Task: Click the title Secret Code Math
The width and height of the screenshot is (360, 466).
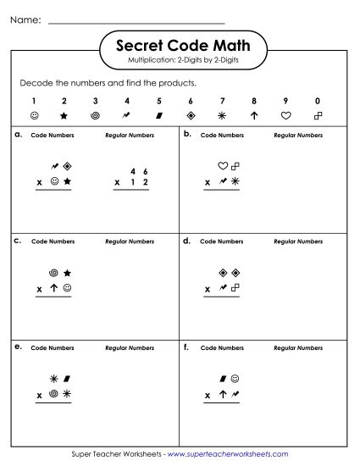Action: coord(180,47)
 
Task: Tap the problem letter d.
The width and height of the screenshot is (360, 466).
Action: coord(186,241)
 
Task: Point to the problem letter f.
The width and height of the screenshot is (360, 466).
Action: coord(186,347)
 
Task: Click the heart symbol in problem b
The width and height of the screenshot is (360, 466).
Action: coord(223,166)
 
